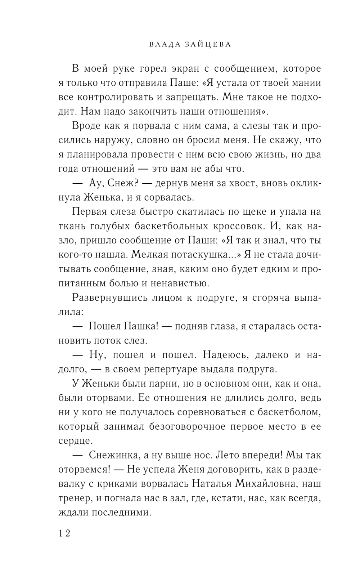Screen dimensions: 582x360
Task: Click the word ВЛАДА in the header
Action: coord(161,45)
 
